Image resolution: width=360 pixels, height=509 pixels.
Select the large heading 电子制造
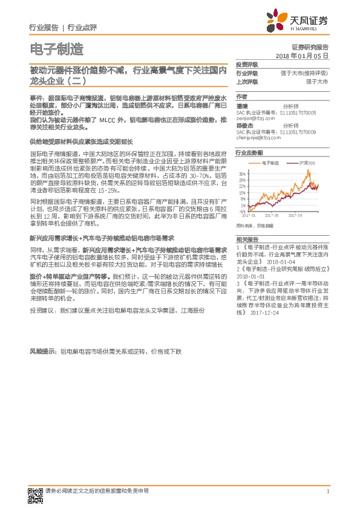[56, 48]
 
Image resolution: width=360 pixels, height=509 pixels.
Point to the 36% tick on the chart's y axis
[241, 173]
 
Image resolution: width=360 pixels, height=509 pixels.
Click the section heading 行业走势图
[249, 154]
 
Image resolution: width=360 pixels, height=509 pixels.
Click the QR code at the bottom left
[36, 494]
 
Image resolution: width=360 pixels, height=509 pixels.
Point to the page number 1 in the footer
[327, 491]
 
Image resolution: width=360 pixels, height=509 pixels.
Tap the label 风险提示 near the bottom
[42, 351]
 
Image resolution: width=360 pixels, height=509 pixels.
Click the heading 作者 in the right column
[241, 97]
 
